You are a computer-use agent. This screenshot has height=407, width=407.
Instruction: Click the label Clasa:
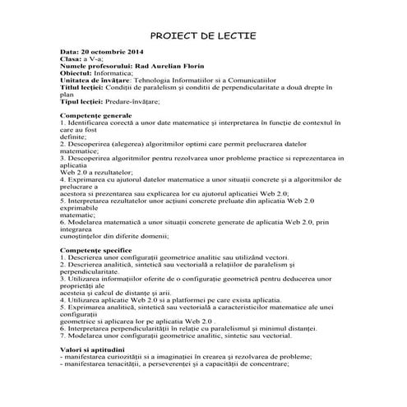coord(71,60)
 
